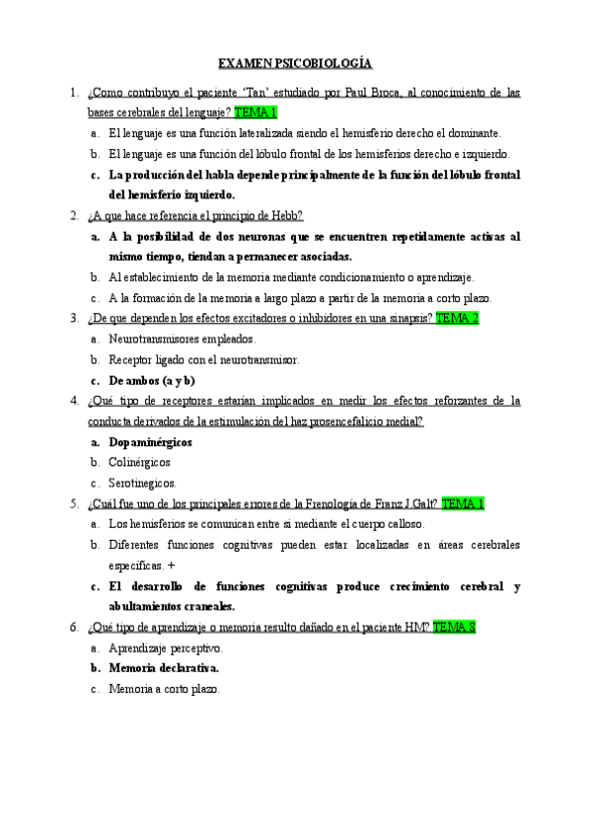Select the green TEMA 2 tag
pyautogui.click(x=457, y=318)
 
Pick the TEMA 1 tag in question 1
pyautogui.click(x=256, y=113)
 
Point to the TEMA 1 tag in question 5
pyautogui.click(x=463, y=503)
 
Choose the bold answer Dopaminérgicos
pyautogui.click(x=150, y=442)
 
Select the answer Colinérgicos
pyautogui.click(x=139, y=462)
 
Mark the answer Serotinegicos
pyautogui.click(x=142, y=483)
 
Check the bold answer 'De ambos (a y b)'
pyautogui.click(x=152, y=380)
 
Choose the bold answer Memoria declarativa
pyautogui.click(x=164, y=668)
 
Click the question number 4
pyautogui.click(x=75, y=401)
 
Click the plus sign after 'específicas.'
pyautogui.click(x=172, y=566)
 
